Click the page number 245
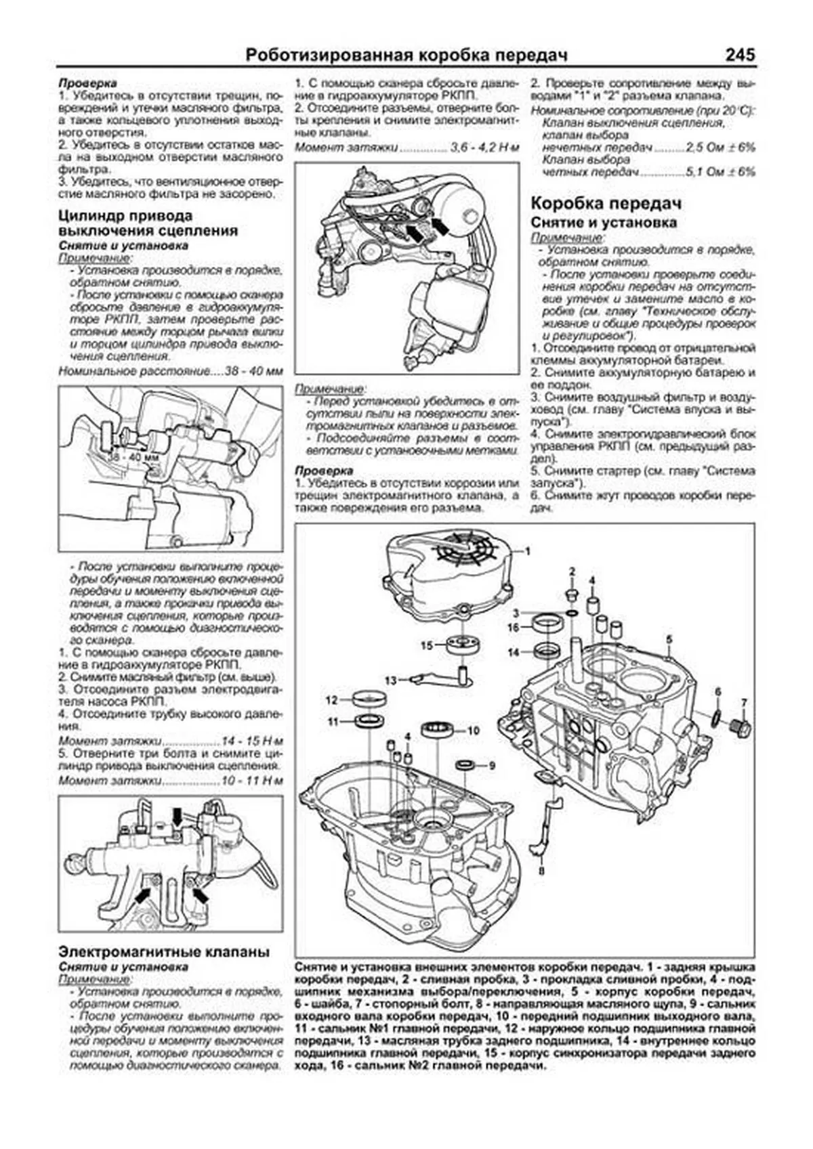(739, 55)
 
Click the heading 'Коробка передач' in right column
(606, 204)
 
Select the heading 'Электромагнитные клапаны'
(164, 952)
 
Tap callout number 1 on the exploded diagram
(528, 549)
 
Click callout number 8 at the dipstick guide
(541, 870)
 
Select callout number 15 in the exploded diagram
(425, 645)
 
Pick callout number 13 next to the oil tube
(390, 679)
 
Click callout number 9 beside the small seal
(493, 765)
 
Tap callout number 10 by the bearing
(473, 731)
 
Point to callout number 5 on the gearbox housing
(669, 638)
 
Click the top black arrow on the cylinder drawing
(178, 816)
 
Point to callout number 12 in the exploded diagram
(331, 699)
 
